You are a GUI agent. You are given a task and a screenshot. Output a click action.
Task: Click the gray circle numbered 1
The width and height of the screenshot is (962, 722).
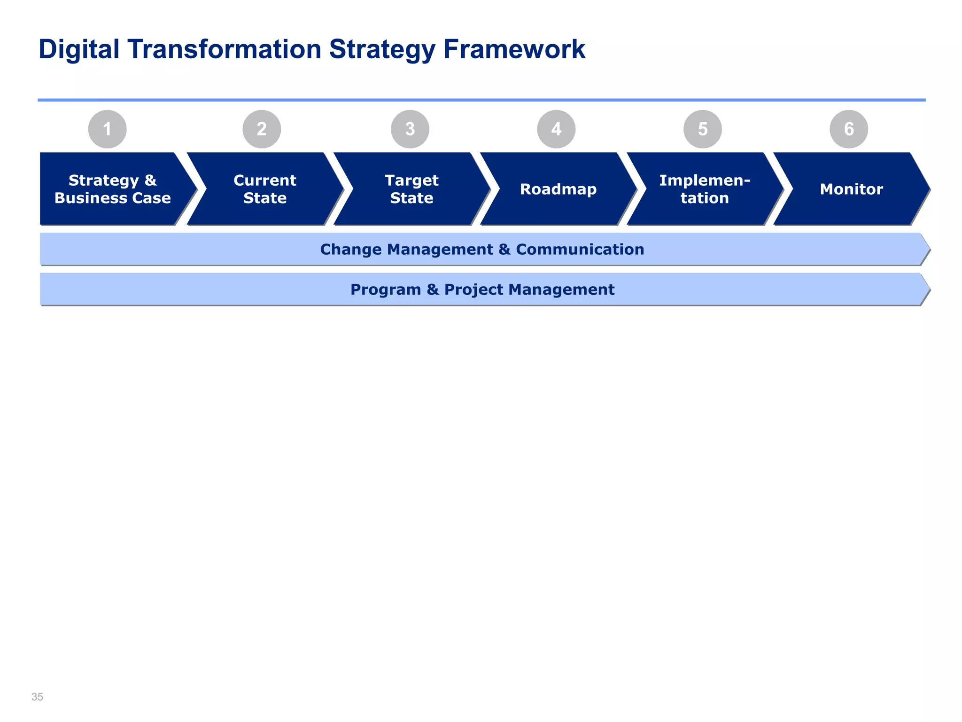point(107,129)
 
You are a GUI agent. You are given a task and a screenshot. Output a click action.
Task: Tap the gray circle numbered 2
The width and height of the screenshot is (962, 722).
point(262,129)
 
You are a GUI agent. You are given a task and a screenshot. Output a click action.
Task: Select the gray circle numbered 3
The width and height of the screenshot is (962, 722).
point(410,129)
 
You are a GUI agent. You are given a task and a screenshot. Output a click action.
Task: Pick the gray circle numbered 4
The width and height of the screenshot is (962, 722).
point(556,129)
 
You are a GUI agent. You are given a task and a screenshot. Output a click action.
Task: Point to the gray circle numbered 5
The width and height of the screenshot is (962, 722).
point(703,129)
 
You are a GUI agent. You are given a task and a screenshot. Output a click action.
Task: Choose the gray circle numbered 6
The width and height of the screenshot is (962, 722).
point(849,129)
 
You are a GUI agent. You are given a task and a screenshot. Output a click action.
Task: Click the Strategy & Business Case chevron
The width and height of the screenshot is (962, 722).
point(113,189)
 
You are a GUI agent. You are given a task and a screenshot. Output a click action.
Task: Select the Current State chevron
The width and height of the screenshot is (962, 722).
point(265,189)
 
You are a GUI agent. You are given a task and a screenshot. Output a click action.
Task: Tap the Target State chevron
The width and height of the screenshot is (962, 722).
point(411,189)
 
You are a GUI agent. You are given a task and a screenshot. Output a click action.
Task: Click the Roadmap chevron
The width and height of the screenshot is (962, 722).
point(558,189)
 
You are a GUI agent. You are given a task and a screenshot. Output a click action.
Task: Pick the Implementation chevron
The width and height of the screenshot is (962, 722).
point(705,189)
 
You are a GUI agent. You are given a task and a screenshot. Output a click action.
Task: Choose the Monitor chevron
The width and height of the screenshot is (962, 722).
point(851,189)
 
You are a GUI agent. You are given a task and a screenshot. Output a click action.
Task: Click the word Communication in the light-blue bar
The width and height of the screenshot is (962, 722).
point(580,249)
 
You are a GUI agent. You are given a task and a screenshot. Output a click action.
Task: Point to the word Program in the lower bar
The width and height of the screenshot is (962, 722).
point(385,290)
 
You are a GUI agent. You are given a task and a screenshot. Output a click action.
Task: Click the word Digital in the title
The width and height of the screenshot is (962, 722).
point(79,49)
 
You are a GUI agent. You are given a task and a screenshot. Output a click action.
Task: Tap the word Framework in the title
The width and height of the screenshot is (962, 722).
point(514,49)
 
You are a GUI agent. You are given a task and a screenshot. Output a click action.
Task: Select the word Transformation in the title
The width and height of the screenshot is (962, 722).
point(224,49)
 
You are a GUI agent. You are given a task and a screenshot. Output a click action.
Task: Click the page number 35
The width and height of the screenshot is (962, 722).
point(37,697)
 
